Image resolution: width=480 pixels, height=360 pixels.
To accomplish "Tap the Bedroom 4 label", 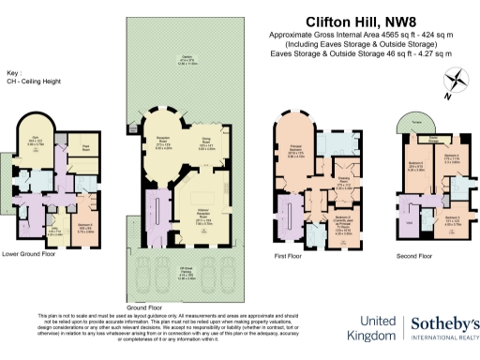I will coord(451,157).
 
